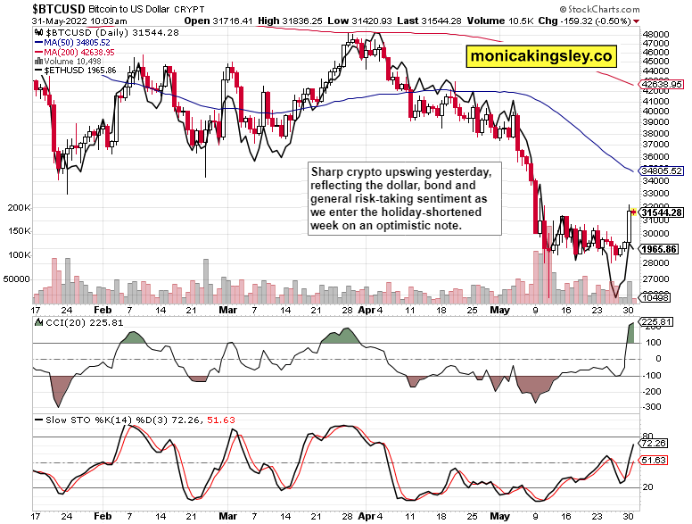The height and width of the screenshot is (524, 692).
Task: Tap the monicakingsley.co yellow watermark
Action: click(x=541, y=56)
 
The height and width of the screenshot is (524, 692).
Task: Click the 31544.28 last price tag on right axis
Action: click(x=661, y=212)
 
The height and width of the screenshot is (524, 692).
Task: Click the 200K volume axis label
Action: click(x=18, y=207)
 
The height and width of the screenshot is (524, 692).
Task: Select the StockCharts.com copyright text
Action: click(x=646, y=8)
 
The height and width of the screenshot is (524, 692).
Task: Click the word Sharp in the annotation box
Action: click(x=327, y=171)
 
